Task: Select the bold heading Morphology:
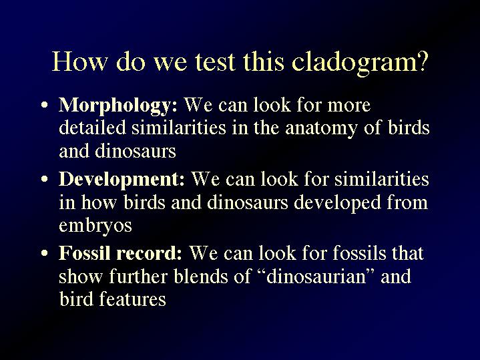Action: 118,106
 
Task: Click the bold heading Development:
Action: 122,180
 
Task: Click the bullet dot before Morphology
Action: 45,105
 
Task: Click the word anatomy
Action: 321,129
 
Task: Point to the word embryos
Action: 95,226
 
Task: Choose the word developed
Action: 337,204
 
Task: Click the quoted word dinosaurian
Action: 316,277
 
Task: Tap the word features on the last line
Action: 132,299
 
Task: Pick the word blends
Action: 201,277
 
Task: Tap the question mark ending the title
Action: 421,62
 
